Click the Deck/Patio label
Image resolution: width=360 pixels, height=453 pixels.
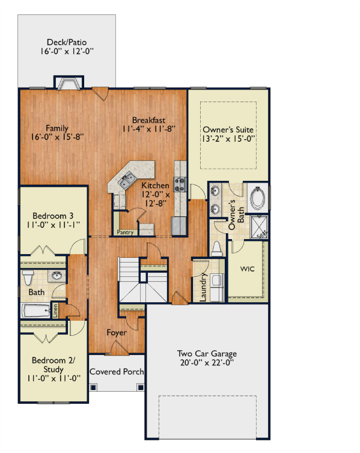point(67,42)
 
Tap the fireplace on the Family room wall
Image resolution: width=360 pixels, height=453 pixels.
point(69,82)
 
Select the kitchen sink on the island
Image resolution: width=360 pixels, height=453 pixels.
point(127,180)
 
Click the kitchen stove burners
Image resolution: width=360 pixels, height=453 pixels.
point(180,184)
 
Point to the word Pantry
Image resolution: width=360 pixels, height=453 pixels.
point(125,233)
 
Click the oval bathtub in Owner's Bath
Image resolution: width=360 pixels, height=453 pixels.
point(257,198)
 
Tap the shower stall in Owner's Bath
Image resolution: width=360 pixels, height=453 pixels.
point(259,227)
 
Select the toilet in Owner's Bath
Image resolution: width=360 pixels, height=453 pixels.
point(216,249)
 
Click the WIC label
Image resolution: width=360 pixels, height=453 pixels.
point(248,269)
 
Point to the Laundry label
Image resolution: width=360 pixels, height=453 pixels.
point(203,287)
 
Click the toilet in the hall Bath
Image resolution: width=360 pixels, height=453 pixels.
point(28,278)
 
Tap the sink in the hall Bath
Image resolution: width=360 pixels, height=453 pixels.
point(56,276)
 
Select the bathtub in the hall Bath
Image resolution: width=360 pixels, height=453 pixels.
point(36,311)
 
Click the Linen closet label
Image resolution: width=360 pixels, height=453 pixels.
point(55,311)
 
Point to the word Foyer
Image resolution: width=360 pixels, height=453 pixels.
point(117,332)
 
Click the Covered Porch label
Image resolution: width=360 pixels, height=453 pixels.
point(117,371)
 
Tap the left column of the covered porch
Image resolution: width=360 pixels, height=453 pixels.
point(93,387)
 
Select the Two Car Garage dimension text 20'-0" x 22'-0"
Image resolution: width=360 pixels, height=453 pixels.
point(207,362)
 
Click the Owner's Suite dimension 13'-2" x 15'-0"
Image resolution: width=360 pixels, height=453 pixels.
point(228,139)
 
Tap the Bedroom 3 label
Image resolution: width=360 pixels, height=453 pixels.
point(53,216)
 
